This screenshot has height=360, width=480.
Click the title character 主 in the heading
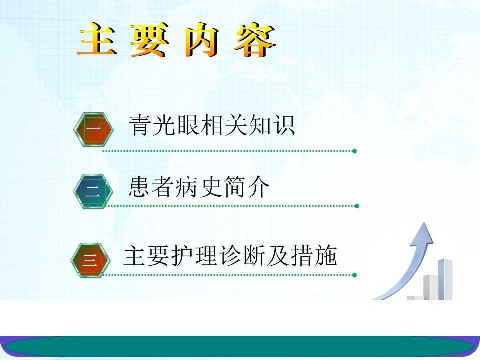point(97,39)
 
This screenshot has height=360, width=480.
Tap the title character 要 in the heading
point(149,40)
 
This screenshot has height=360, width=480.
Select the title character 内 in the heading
point(202,40)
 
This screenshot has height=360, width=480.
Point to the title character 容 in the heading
point(255,40)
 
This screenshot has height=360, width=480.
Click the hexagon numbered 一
point(93,130)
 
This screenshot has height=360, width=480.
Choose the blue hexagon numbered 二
point(93,191)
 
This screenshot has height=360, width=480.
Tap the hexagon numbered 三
point(90,260)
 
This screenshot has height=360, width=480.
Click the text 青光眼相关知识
point(212,125)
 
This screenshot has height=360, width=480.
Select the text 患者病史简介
point(199,187)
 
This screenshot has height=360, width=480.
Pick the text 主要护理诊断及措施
point(230,255)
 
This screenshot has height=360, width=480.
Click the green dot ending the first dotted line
point(355,151)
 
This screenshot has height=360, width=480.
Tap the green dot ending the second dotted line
point(357,206)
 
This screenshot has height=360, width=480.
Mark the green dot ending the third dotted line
point(355,275)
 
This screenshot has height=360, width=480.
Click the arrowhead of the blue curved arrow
point(423,235)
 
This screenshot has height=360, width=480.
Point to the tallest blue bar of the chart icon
point(445,279)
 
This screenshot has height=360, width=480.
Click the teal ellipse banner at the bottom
point(239,346)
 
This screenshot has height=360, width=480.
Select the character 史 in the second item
point(211,187)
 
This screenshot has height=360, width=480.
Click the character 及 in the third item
point(278,255)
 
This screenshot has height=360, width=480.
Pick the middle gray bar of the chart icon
point(431,288)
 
